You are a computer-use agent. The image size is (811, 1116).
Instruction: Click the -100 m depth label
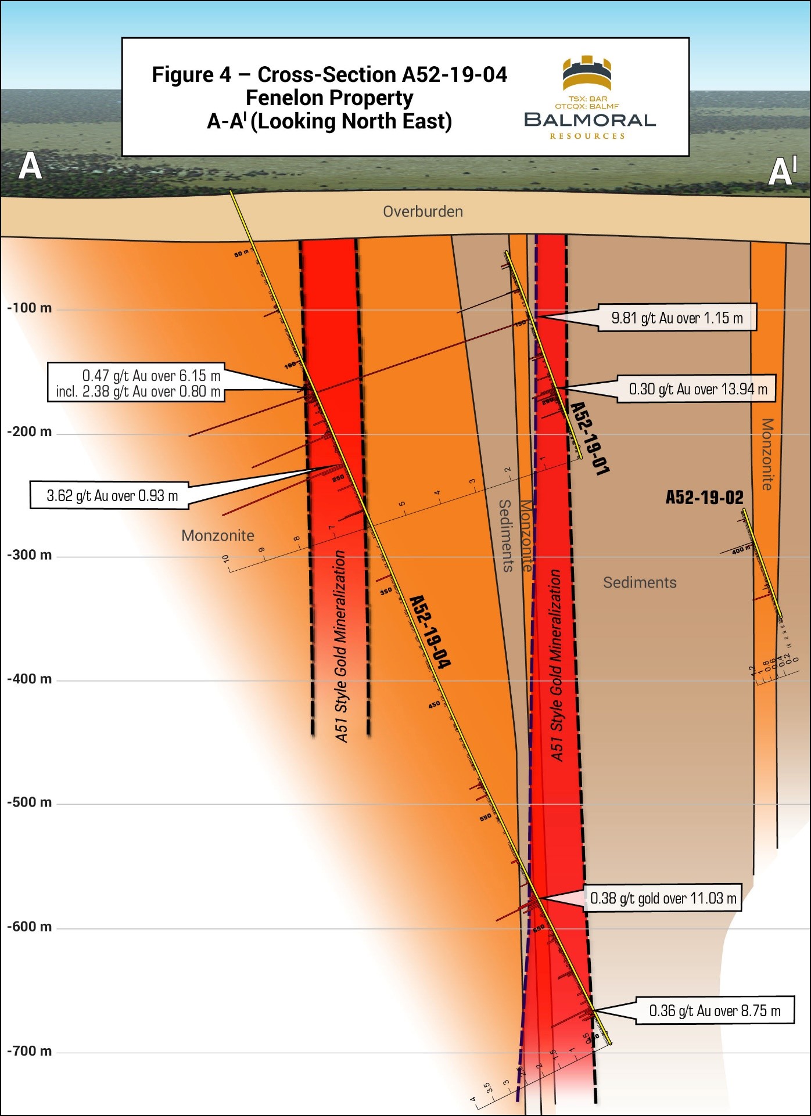30,308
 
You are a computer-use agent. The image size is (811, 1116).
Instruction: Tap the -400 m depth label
30,679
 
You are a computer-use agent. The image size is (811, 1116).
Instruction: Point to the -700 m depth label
30,1051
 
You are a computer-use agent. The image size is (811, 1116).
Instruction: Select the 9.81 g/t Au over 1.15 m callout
677,318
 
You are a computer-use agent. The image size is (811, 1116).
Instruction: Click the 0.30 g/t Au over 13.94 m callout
698,389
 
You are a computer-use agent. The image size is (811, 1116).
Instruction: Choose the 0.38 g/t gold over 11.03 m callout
663,898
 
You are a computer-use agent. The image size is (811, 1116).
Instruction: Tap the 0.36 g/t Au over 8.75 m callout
714,1011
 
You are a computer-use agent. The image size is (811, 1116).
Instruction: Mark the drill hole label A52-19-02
704,498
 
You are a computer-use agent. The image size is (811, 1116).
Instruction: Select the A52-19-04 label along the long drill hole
430,632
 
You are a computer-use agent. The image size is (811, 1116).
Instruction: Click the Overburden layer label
423,211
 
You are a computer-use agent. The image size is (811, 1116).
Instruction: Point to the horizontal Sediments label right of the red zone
640,582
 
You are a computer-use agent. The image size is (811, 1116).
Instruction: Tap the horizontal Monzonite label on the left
218,535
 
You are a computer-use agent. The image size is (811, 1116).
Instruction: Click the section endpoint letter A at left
30,167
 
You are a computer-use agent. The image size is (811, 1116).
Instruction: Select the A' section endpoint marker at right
781,172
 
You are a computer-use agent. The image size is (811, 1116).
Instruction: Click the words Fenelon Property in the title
329,98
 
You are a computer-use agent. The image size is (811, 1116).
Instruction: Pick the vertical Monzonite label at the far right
767,454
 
